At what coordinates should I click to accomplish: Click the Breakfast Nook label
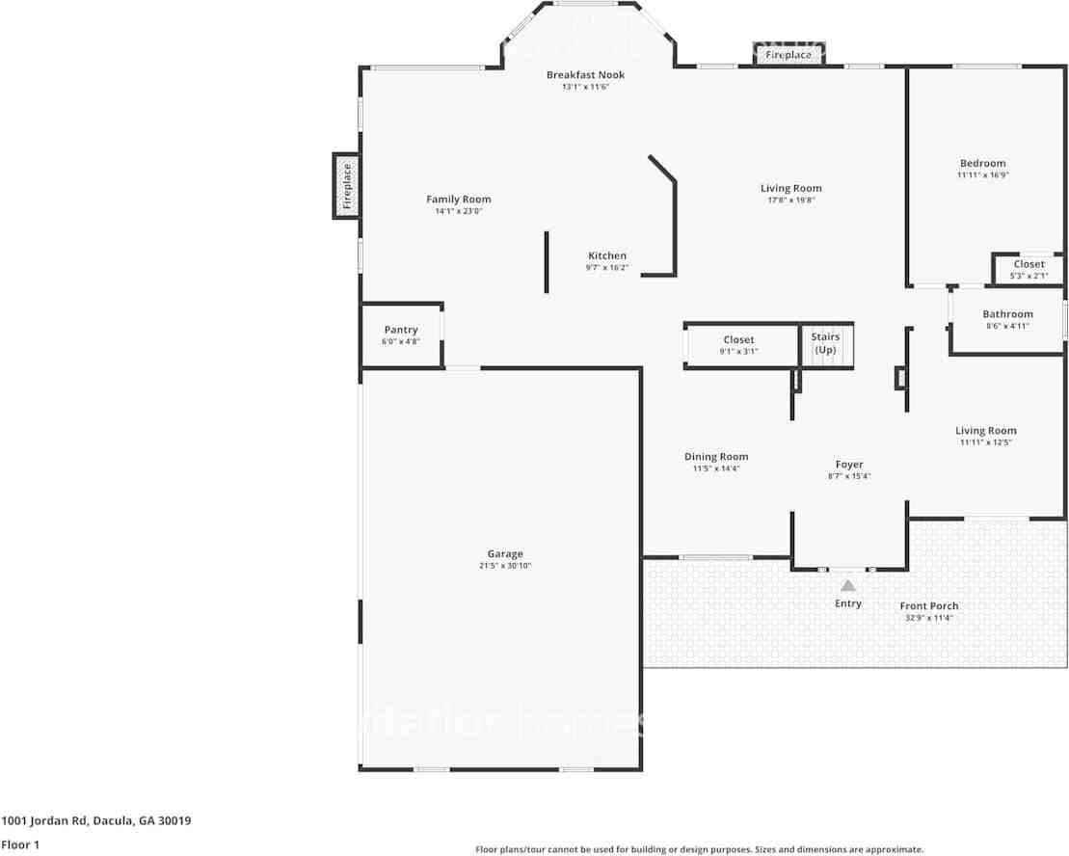[585, 75]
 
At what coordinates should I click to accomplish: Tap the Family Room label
[459, 200]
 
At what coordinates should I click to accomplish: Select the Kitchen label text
[607, 256]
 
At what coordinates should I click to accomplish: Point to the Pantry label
[401, 330]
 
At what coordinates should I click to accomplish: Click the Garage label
[505, 554]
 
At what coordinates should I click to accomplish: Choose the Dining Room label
[716, 457]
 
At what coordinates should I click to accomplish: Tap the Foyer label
[849, 465]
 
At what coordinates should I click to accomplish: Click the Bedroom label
[982, 164]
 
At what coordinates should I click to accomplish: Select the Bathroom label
[1007, 314]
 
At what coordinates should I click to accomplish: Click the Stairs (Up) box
[826, 344]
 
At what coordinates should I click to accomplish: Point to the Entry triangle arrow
[848, 585]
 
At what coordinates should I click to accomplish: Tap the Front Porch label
[929, 606]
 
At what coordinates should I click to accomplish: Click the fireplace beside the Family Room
[347, 186]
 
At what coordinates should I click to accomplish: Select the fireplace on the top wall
[788, 55]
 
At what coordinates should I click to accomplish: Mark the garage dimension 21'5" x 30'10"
[505, 566]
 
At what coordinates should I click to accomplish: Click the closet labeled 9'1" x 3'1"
[739, 345]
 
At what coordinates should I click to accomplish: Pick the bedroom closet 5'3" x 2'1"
[1029, 270]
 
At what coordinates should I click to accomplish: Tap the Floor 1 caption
[20, 844]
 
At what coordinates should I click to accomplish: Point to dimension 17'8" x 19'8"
[790, 201]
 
